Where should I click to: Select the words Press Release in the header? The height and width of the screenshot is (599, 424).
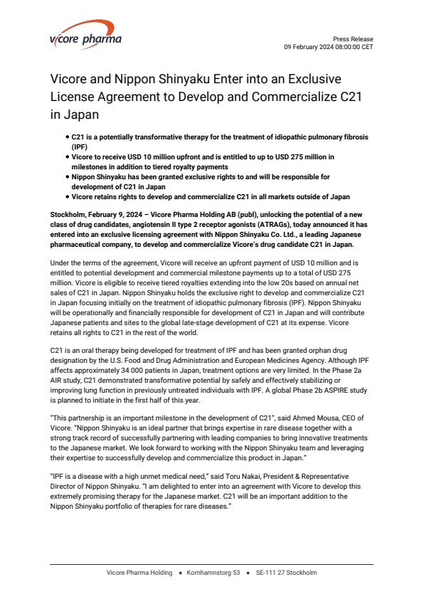[353, 39]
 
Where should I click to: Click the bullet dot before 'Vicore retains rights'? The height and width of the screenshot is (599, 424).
[66, 196]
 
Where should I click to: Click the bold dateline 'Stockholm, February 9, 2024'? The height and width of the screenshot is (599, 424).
[96, 214]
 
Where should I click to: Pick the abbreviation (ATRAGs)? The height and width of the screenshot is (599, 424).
[289, 223]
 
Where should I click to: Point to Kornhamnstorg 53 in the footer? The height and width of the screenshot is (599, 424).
[213, 573]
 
